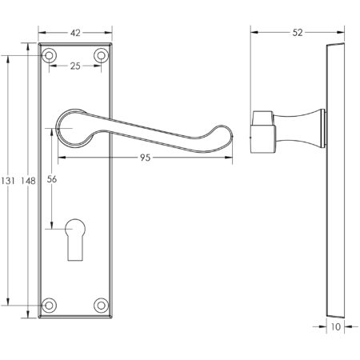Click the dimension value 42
75,34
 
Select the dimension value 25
75,66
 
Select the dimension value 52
298,33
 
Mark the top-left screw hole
50,55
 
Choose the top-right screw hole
101,55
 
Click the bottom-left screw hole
50,305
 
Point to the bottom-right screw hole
101,305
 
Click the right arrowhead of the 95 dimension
238,157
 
